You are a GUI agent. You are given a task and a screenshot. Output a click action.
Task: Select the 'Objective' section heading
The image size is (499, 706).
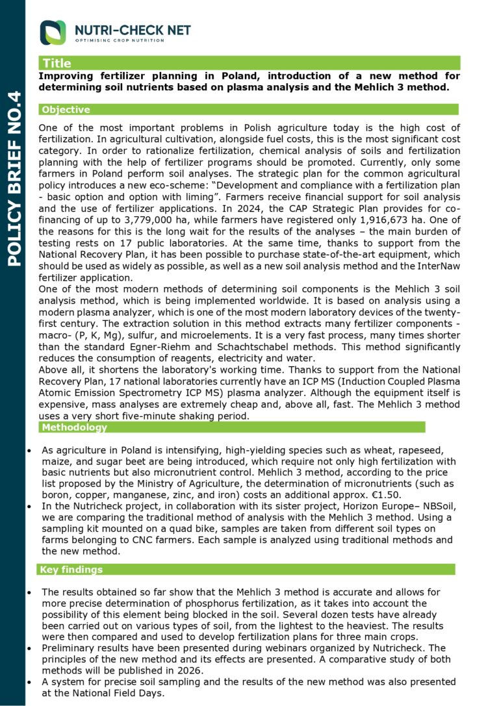click(x=66, y=110)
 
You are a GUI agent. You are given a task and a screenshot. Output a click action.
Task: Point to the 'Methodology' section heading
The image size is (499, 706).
click(x=73, y=427)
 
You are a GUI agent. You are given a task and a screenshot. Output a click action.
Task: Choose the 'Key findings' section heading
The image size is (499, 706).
click(x=71, y=570)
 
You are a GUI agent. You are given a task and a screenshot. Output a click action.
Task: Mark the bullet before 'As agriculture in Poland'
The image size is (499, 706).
click(x=28, y=450)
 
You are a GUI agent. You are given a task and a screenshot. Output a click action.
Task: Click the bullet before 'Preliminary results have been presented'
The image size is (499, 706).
click(x=28, y=648)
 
